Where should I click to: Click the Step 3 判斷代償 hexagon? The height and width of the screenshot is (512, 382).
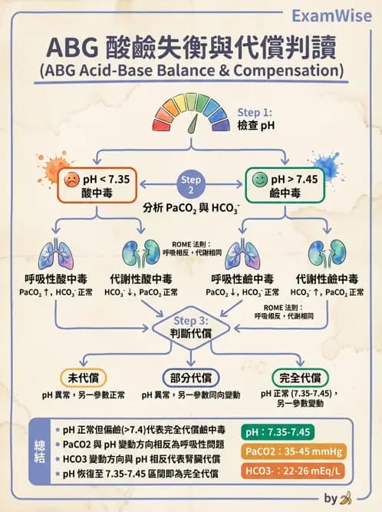(x=190, y=325)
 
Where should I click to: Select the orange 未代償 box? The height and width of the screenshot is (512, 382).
(x=84, y=378)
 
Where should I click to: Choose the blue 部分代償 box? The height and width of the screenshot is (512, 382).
(x=191, y=378)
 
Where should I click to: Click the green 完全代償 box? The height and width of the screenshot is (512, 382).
(x=301, y=378)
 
